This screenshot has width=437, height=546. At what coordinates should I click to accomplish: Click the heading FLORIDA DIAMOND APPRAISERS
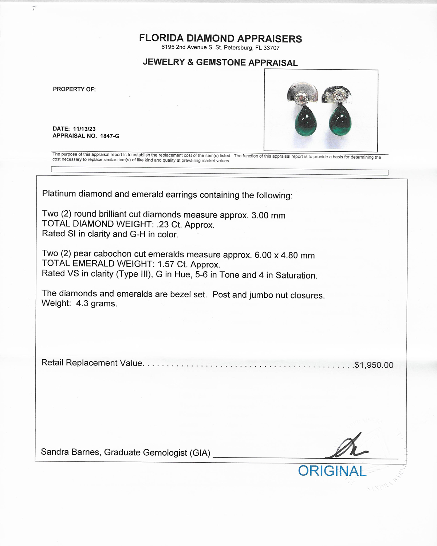coord(220,39)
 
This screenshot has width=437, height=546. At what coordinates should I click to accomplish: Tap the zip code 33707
coord(271,48)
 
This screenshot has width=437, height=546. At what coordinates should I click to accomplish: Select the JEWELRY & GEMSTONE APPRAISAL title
coord(220,63)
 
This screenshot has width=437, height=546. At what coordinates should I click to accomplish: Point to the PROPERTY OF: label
coord(74,89)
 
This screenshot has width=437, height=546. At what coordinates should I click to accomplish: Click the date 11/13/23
coord(84,129)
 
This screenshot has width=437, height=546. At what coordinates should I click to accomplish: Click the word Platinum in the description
coord(59,194)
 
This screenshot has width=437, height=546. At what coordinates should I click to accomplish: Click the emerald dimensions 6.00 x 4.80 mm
coord(284,255)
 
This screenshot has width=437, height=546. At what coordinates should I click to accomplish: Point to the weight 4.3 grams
coord(97,304)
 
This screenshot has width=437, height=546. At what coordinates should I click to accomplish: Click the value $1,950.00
coord(374,365)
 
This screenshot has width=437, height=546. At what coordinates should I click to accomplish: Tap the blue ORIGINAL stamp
coord(332,471)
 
